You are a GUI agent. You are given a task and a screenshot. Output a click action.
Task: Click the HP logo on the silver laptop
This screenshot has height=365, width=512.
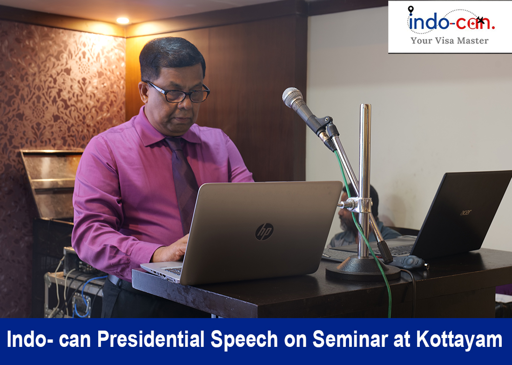pos(264,232)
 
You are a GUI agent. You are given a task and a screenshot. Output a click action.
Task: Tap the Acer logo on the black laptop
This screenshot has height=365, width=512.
pos(465,212)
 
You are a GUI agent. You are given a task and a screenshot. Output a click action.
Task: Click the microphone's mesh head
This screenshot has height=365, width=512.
pos(292,97)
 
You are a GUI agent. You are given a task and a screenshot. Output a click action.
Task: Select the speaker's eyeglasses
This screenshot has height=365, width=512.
pos(178,93)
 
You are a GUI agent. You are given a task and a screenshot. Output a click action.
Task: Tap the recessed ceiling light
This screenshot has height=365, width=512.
pos(122,20)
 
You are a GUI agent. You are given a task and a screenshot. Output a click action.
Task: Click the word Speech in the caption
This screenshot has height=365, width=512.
pos(244,339)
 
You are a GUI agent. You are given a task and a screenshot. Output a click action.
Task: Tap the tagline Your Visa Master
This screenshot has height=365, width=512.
pos(449,41)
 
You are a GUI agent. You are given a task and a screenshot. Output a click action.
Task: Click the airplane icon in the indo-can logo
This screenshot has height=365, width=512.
pos(480,20)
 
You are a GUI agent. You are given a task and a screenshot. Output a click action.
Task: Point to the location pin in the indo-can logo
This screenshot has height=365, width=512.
pos(411,10)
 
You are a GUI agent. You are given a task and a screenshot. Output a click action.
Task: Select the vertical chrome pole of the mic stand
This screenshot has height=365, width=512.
pos(364,180)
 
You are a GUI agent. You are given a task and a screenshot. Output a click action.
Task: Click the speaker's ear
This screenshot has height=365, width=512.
pos(143,93)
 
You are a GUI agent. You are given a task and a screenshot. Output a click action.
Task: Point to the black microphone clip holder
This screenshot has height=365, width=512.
pos(324,126)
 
